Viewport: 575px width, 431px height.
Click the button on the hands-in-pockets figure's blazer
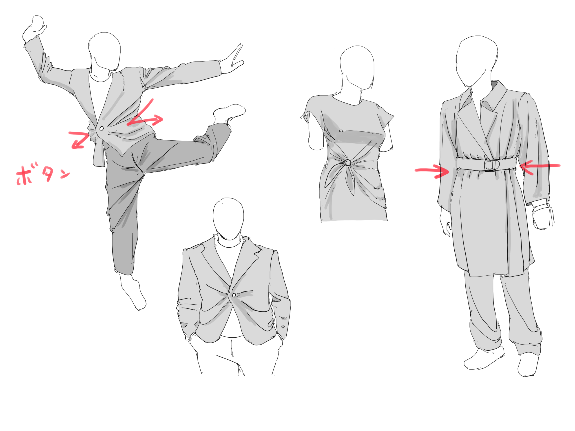234,295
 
